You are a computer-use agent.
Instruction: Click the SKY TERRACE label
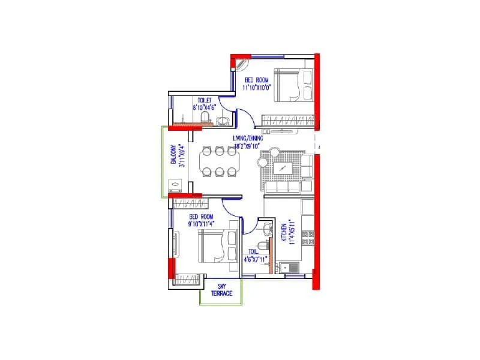[x=221, y=290]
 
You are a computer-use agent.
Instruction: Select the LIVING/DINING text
[x=248, y=139]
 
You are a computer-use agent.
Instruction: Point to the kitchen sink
[x=292, y=269]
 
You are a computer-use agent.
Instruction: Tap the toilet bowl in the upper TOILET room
[x=206, y=116]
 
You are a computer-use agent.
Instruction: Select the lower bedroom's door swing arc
[x=230, y=208]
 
